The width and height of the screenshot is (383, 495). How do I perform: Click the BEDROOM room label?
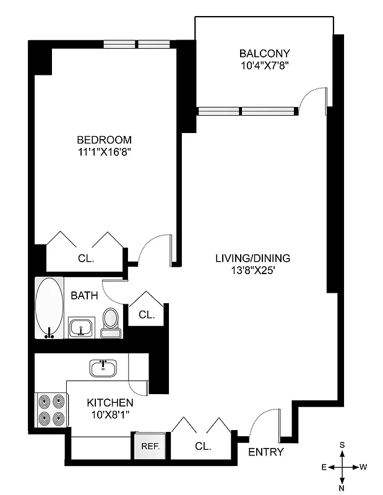click(x=104, y=139)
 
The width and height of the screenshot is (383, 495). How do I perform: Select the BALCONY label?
click(x=265, y=53)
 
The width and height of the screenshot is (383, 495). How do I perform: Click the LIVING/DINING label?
click(x=252, y=258)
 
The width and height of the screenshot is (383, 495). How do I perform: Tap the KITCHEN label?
click(x=110, y=402)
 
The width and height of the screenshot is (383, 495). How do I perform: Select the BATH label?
click(x=84, y=296)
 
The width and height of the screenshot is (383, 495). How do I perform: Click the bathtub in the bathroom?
click(x=49, y=308)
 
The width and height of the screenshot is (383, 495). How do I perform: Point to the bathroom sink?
click(x=81, y=327)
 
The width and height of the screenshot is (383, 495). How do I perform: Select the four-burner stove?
click(x=51, y=410)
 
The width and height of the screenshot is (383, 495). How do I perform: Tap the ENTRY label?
click(x=265, y=452)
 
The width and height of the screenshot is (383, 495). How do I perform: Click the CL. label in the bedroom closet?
click(x=86, y=259)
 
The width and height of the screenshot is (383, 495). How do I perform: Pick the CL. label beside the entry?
click(x=202, y=445)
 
